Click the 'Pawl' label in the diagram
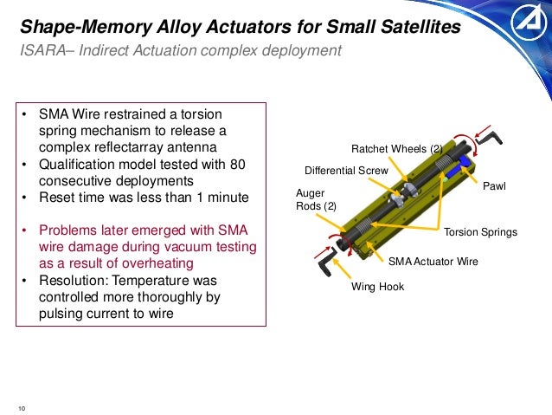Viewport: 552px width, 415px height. pos(494,185)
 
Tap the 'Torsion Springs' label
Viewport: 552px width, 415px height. pos(480,232)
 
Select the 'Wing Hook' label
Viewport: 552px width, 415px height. pos(376,287)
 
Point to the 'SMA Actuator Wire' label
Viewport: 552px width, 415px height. pos(433,261)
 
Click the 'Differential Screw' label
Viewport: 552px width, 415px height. pos(346,170)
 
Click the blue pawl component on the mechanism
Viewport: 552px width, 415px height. pos(466,161)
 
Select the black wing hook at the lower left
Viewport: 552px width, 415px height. pos(325,257)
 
